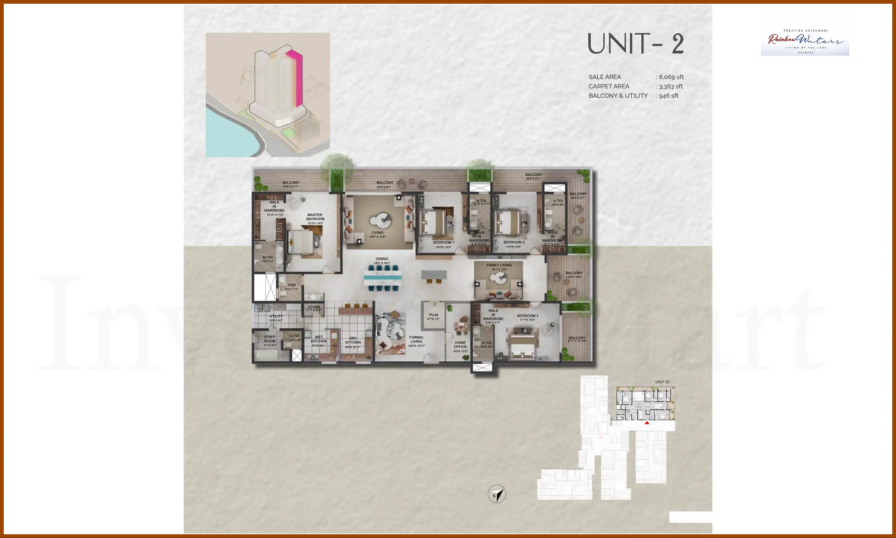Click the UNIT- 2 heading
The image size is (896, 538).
coord(635,44)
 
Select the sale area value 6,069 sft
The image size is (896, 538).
coord(671,77)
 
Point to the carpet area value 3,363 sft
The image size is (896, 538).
coord(671,86)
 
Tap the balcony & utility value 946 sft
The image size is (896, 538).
coord(669,96)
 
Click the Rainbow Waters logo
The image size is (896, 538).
coord(805,41)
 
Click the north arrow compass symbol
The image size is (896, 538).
coord(497,494)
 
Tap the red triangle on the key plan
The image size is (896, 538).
coord(647,423)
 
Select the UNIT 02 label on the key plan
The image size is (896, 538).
coord(662,382)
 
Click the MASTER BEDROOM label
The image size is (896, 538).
coord(315,217)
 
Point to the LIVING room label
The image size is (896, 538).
coord(377,233)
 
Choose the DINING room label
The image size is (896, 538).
coord(382,259)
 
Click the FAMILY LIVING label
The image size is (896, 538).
coord(499,265)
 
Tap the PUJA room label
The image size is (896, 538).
coord(433,315)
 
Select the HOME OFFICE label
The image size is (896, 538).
coord(460,344)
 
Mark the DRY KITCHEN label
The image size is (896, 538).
coord(353,340)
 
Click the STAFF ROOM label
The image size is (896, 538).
coord(270,339)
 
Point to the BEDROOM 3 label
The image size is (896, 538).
coord(528,316)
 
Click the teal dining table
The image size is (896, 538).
coord(383,278)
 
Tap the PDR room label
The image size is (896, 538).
coord(292,285)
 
